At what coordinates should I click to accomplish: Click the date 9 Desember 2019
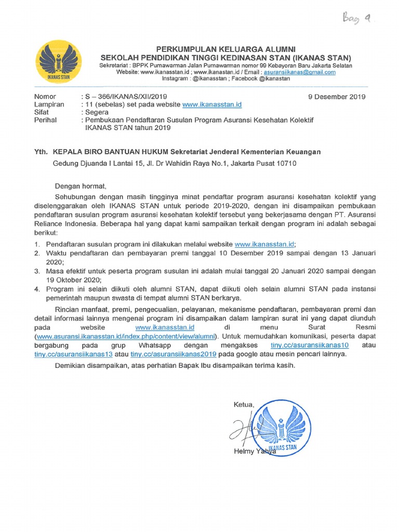click(x=337, y=97)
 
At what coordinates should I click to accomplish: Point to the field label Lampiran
click(x=49, y=104)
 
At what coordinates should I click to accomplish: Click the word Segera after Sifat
click(x=97, y=112)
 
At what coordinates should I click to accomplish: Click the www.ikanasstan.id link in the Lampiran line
click(x=212, y=104)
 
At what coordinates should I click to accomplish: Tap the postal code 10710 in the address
click(x=286, y=163)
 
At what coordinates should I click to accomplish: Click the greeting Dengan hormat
click(x=80, y=186)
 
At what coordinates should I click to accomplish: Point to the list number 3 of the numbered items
click(x=37, y=271)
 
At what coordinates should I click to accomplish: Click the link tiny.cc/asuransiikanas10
click(x=310, y=345)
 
